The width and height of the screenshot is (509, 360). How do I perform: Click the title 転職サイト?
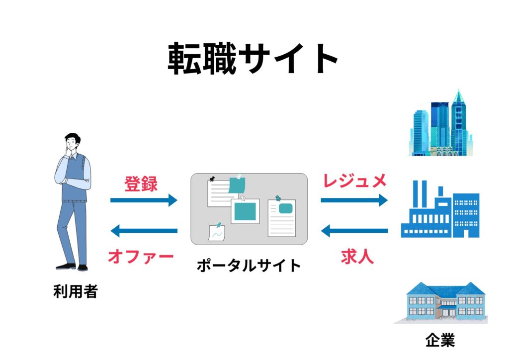click(253, 58)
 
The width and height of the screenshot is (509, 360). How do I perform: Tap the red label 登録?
click(141, 184)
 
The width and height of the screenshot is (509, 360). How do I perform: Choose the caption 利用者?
click(75, 291)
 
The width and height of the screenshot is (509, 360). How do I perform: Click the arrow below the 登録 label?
click(144, 200)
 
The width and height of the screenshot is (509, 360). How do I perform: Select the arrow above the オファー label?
click(144, 231)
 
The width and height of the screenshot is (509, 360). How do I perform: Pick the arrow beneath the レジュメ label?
click(354, 200)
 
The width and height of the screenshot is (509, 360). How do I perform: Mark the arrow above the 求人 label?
click(354, 231)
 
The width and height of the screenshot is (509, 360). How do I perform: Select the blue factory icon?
click(440, 211)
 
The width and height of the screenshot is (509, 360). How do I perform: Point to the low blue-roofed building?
click(440, 302)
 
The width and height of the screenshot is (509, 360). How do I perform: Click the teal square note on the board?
click(245, 212)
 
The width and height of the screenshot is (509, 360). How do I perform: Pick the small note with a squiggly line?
click(217, 232)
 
